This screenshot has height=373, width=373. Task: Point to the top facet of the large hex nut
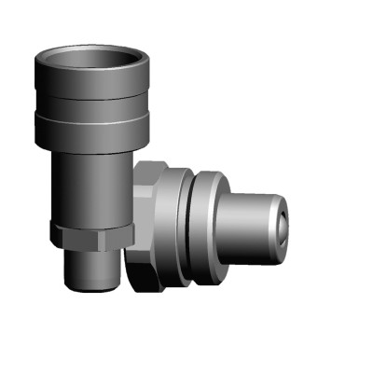click(x=151, y=169)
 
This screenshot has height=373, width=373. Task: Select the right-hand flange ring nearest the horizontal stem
click(x=210, y=228)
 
